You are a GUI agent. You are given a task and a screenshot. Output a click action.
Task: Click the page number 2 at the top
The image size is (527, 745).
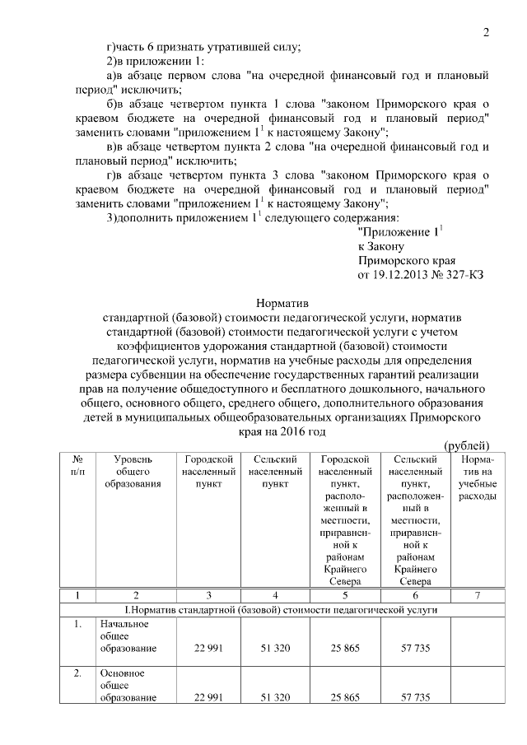(x=486, y=33)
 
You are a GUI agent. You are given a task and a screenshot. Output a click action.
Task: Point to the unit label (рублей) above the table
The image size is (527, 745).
(x=468, y=445)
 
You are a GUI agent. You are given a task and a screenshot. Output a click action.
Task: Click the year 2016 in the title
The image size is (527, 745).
(x=309, y=431)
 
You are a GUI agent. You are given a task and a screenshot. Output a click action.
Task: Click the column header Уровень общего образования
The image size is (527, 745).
(x=127, y=471)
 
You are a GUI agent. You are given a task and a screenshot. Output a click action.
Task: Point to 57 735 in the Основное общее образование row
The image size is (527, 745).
(x=416, y=698)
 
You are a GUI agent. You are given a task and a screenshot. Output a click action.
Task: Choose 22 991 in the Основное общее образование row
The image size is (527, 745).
(x=209, y=698)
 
